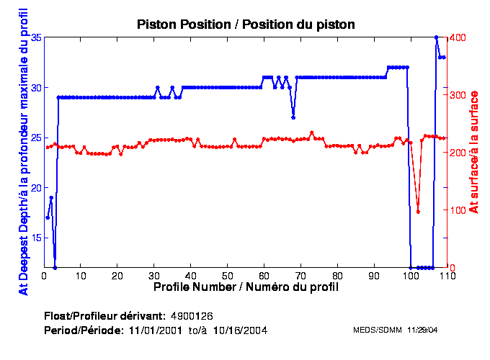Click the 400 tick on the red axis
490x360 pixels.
(458, 37)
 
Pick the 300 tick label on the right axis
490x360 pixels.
(458, 94)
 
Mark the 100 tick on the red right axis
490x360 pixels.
(458, 210)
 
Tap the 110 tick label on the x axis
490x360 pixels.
(446, 275)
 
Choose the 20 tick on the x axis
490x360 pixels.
(117, 275)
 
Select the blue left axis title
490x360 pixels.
(23, 152)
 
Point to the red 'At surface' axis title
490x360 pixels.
(473, 152)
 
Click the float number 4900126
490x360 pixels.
(192, 316)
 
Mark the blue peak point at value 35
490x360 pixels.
(437, 37)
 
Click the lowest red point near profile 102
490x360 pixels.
(418, 212)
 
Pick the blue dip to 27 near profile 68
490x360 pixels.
(293, 117)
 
